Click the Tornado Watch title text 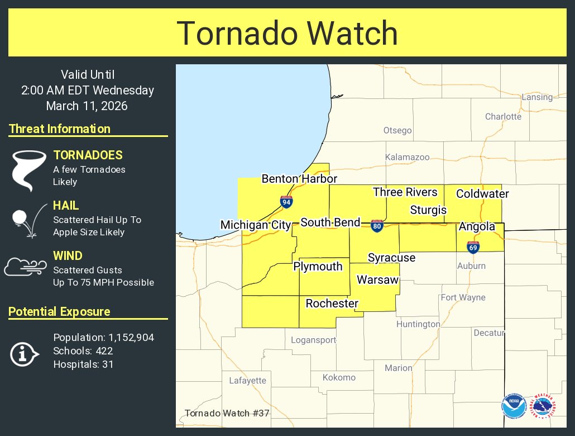287,33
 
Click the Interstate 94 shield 286,202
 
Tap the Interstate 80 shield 377,226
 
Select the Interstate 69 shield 473,247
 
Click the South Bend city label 330,222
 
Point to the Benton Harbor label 299,179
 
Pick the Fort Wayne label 463,297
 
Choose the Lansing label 536,97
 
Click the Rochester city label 332,304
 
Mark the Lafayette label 247,381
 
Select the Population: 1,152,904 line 103,338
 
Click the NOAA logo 513,406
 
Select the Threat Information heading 60,129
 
